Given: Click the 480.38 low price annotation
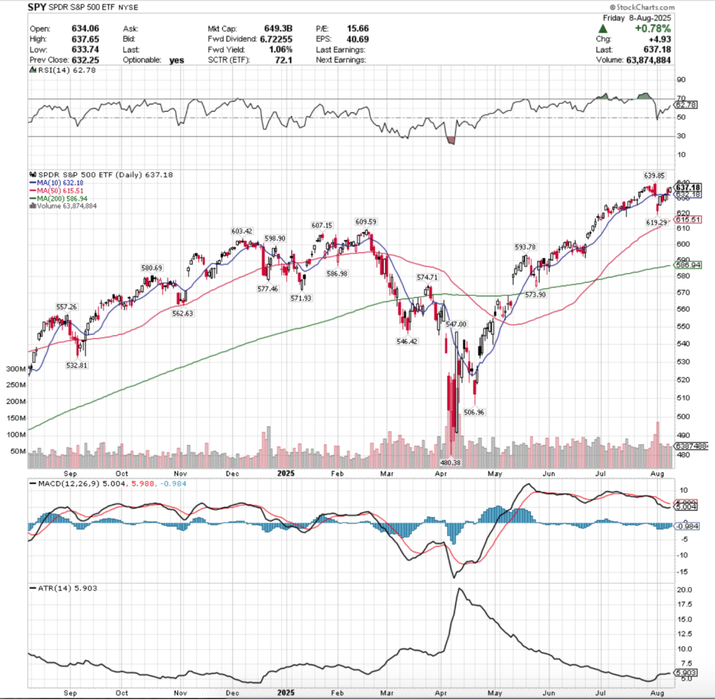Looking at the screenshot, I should tap(450, 462).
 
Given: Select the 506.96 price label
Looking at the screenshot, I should tap(474, 412).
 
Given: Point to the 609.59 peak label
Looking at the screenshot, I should tap(366, 222).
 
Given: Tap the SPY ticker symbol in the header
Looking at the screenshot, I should tap(38, 9).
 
